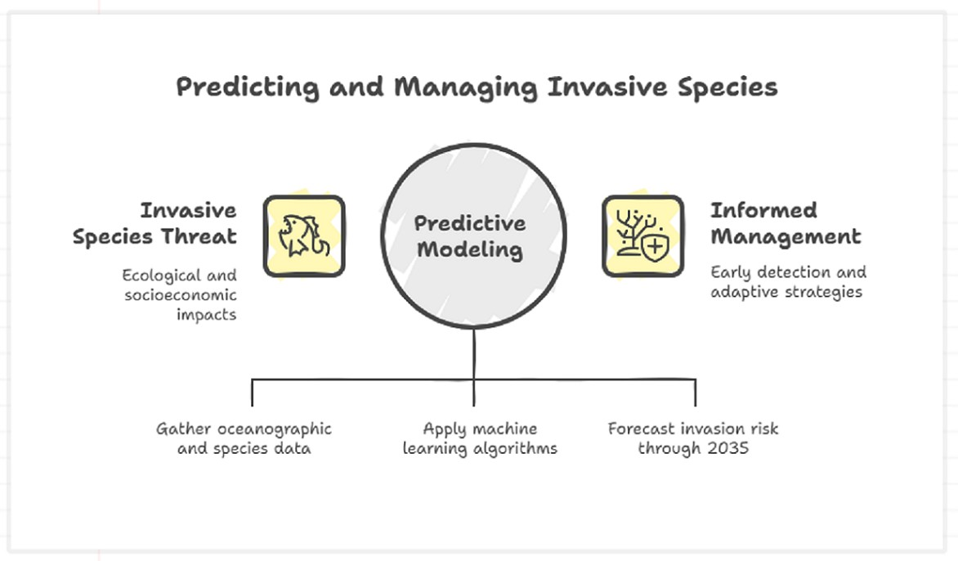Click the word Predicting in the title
248,87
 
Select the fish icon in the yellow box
304,236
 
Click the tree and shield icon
642,236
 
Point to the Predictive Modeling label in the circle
470,236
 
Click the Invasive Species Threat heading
154,223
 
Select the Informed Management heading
786,223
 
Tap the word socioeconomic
180,295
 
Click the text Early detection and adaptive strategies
788,281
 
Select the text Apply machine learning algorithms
480,438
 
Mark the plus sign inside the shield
655,248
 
